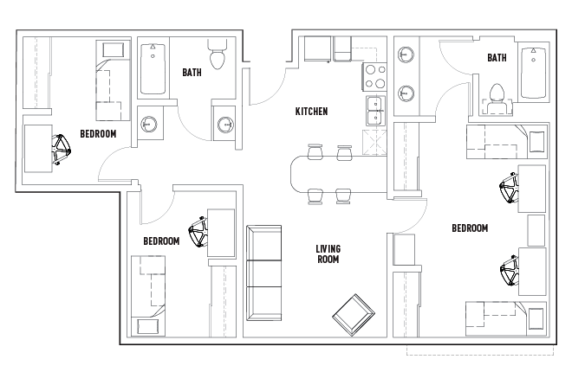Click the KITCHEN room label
click(x=311, y=111)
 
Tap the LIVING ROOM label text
click(x=328, y=253)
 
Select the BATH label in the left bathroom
click(x=192, y=73)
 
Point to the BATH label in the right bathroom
click(x=497, y=58)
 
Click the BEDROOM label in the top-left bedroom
click(x=98, y=134)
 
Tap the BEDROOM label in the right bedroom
click(x=470, y=228)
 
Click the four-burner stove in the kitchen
click(x=374, y=76)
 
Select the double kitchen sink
click(x=375, y=111)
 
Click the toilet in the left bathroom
click(x=217, y=55)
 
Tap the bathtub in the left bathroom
click(x=153, y=69)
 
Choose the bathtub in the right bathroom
click(x=533, y=73)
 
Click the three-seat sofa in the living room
click(x=263, y=273)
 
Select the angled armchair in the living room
click(x=354, y=315)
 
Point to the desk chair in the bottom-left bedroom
click(x=198, y=231)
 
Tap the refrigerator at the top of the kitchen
click(x=318, y=48)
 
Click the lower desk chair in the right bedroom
click(x=510, y=271)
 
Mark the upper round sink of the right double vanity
click(x=406, y=55)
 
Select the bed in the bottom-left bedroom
click(x=148, y=296)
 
